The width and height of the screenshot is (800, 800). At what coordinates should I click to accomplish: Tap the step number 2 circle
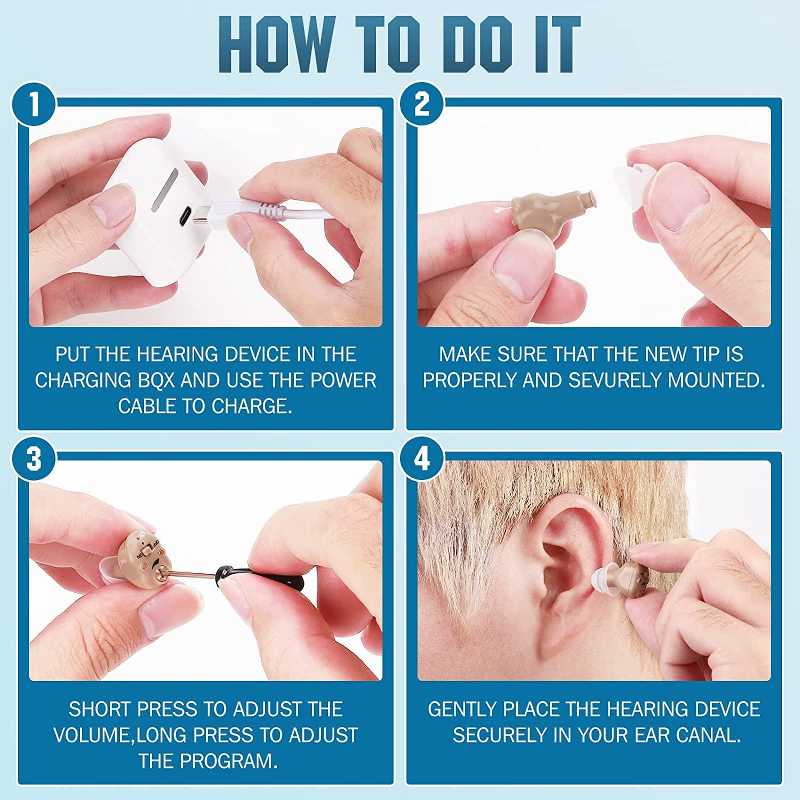pyautogui.click(x=422, y=103)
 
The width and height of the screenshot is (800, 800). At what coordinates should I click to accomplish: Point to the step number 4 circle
pyautogui.click(x=422, y=458)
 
